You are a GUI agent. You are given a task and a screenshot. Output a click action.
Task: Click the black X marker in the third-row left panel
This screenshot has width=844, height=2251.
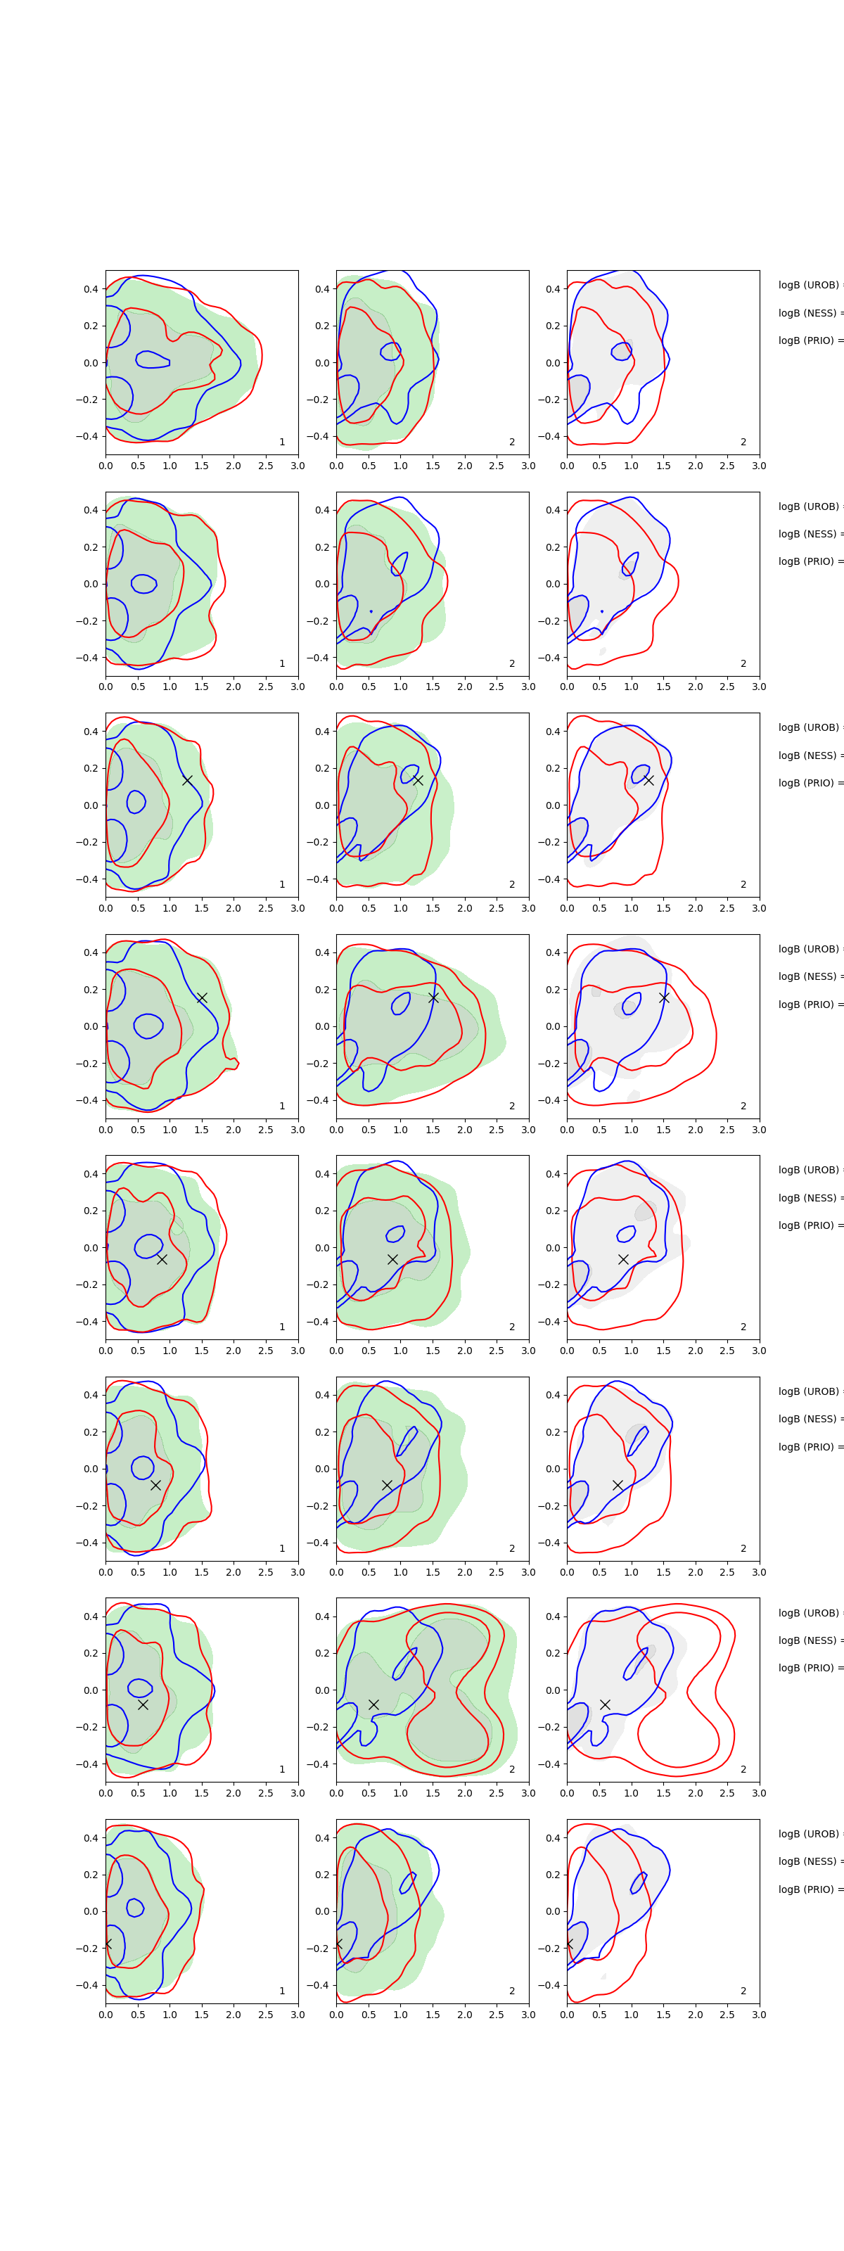pos(187,779)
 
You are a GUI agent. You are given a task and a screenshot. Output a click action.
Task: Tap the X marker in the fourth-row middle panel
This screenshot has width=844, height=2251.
pos(433,997)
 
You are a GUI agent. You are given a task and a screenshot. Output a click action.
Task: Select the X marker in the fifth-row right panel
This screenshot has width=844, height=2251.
pos(623,1259)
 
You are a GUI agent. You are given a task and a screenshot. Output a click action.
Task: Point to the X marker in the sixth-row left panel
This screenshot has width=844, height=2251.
pos(155,1485)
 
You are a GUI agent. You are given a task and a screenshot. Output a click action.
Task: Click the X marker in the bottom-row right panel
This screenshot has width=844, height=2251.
pos(569,1944)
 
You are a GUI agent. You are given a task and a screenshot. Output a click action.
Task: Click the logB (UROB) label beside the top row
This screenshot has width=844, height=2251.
pos(809,285)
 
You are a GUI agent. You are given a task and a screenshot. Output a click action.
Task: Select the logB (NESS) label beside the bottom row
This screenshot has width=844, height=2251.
pos(809,1861)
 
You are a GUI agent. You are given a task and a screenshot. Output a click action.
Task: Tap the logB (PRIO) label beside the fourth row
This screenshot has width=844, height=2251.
pos(809,1004)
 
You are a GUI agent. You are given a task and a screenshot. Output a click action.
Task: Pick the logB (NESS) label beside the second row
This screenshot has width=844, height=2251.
pos(809,534)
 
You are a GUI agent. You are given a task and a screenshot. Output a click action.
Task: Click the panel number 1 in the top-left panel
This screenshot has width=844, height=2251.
pos(282,442)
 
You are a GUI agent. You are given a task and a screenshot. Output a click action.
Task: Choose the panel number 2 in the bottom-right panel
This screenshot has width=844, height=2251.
pos(743,1991)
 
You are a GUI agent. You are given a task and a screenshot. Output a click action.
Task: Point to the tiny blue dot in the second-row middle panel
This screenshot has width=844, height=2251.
pos(371,611)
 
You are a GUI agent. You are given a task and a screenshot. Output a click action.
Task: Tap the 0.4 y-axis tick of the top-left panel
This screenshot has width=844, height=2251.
pos(91,289)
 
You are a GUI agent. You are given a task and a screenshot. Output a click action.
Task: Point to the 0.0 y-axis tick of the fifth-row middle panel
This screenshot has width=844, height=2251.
pos(322,1248)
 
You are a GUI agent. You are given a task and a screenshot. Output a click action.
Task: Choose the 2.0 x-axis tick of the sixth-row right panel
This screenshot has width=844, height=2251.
pos(696,1572)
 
